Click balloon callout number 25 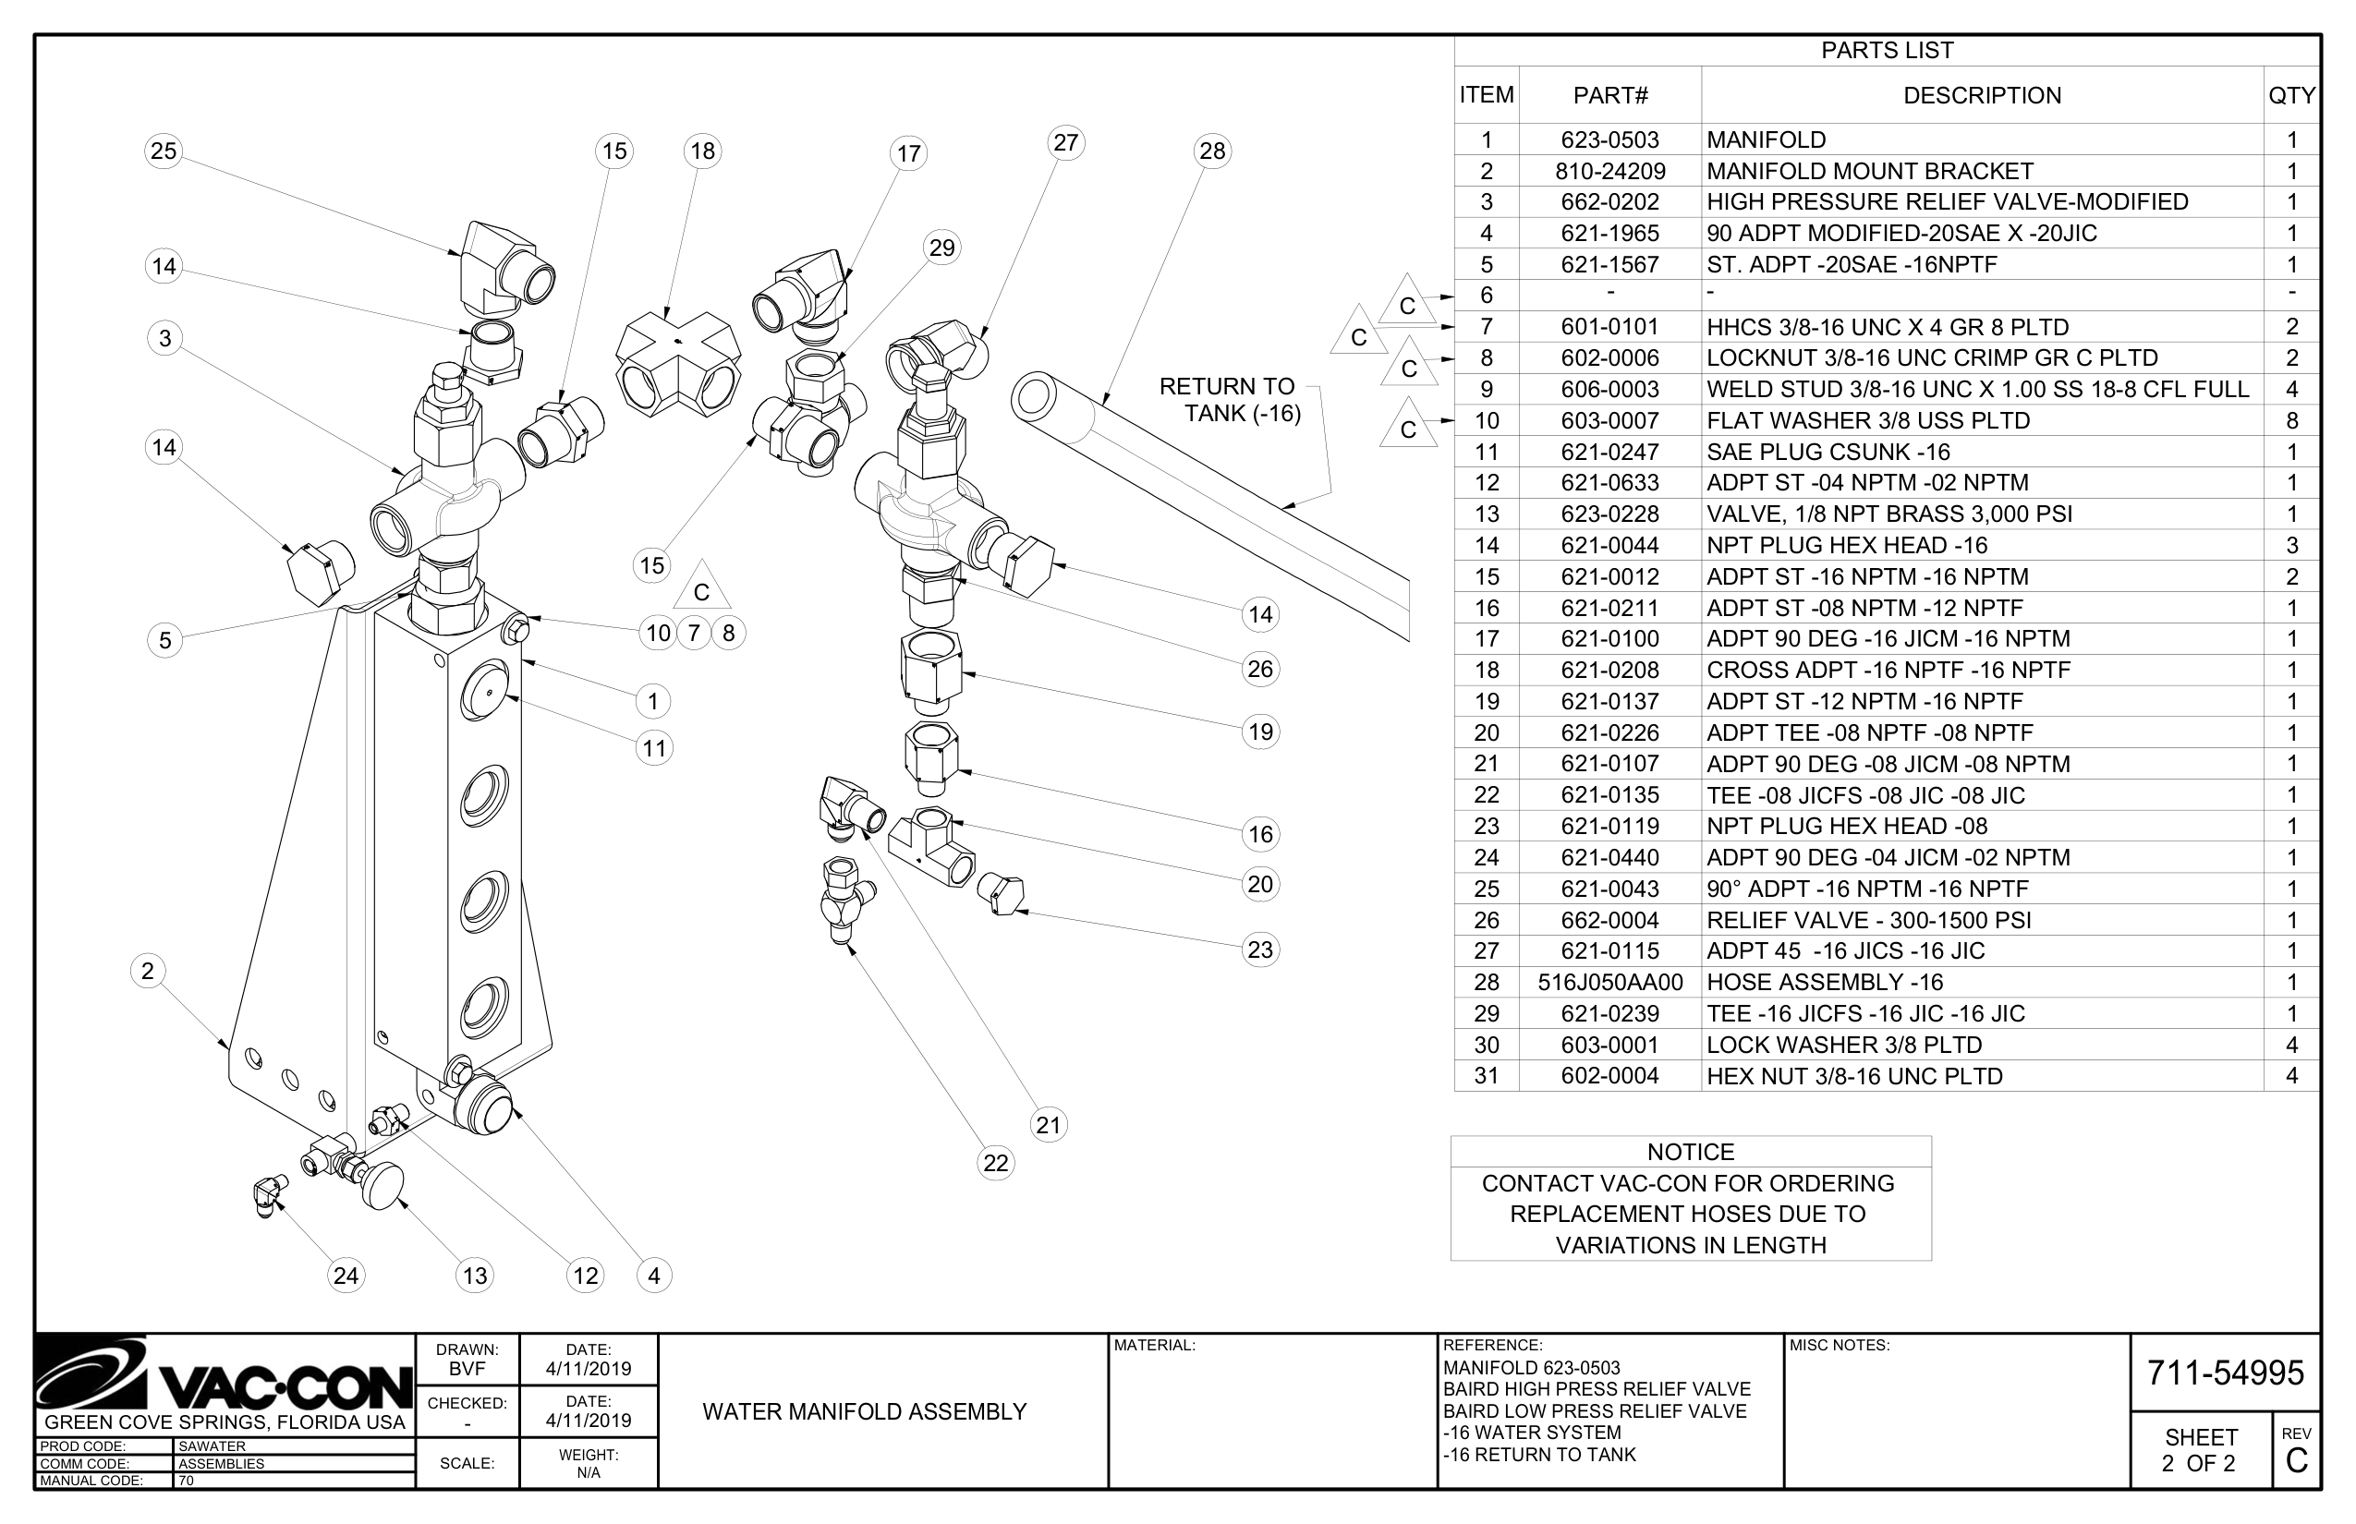pos(164,151)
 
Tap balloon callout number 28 pos(1211,151)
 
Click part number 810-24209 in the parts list pos(1609,171)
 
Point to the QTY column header pos(2290,96)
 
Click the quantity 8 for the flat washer pos(2290,420)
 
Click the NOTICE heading pos(1690,1152)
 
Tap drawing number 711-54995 pos(2225,1373)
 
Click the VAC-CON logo pos(224,1376)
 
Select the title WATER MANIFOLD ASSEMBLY pos(864,1412)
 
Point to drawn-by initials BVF pos(468,1370)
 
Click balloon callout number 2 pos(148,971)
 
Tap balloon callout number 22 pos(995,1163)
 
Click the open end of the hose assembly pos(1033,398)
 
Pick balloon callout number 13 pos(475,1276)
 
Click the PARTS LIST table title pos(1887,51)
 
